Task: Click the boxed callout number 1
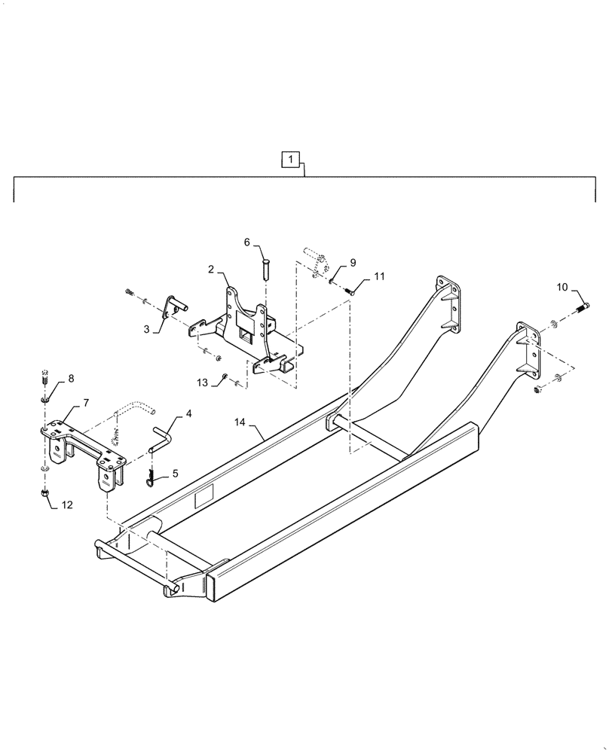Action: point(292,159)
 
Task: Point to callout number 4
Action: point(188,413)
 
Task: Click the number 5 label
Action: point(176,474)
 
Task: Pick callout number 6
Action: point(246,242)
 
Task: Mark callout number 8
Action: point(71,379)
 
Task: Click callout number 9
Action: point(353,264)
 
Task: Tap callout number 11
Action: point(378,277)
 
